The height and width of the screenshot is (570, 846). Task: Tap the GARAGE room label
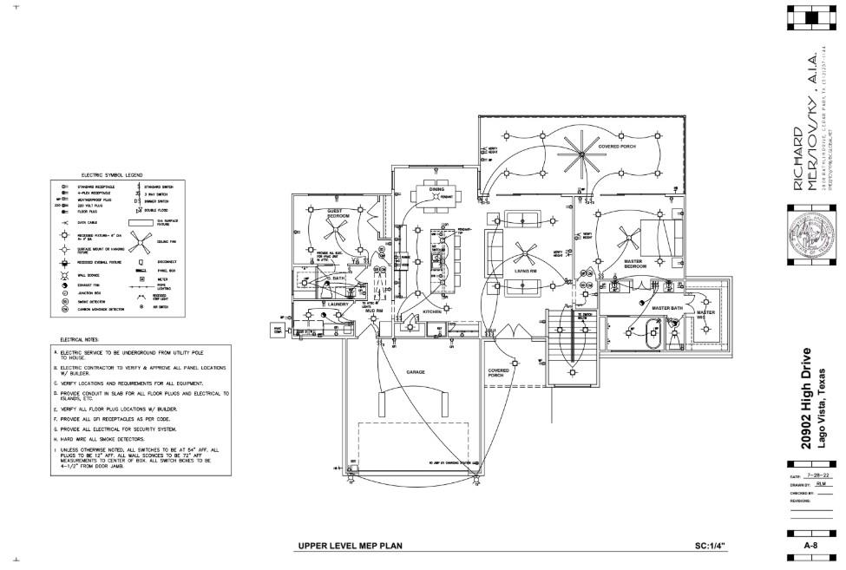point(416,372)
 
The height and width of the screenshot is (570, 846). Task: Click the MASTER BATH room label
point(668,308)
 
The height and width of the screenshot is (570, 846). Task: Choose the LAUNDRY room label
point(338,305)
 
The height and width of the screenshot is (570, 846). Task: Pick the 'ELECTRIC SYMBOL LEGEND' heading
point(112,174)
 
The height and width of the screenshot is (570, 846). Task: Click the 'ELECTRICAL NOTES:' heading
point(80,339)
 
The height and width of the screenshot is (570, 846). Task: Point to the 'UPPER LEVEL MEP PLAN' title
point(350,546)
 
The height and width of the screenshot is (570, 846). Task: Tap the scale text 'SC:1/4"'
point(710,546)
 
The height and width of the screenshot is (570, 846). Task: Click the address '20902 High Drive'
point(807,399)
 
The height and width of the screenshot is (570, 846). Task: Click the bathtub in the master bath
point(653,331)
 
